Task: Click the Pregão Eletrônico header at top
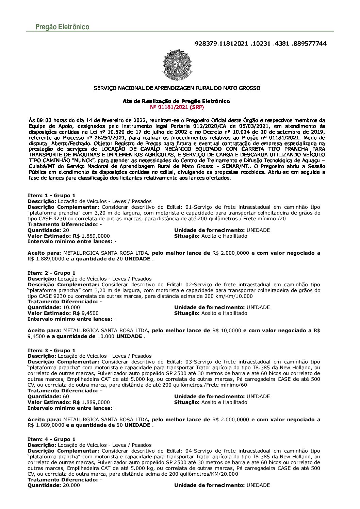tap(62, 27)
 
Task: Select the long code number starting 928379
tap(260, 44)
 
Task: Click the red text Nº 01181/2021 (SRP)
tap(177, 107)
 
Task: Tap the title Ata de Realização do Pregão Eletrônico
tap(176, 101)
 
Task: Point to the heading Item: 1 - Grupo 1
tap(51, 196)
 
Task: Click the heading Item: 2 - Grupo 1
tap(51, 273)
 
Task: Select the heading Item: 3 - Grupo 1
tap(51, 351)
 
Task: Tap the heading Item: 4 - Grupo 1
tap(51, 439)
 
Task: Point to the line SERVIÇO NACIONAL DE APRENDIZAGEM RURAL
tap(177, 88)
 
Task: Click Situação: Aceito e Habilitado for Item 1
tap(211, 236)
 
